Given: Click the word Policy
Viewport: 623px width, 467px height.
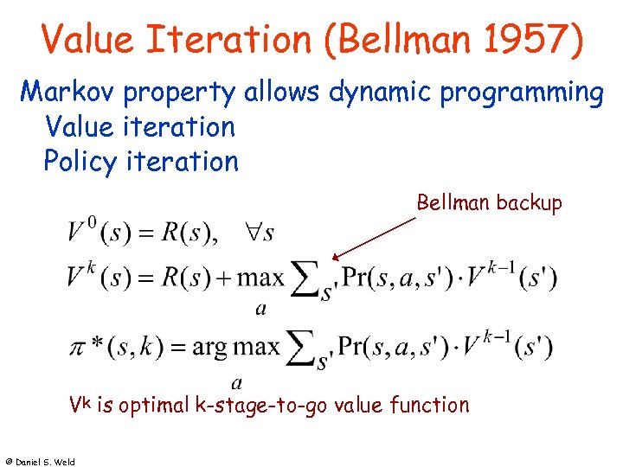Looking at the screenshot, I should [x=81, y=162].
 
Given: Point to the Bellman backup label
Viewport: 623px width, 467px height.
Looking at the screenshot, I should [x=489, y=203].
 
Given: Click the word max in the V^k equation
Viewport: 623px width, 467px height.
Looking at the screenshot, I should [x=260, y=278].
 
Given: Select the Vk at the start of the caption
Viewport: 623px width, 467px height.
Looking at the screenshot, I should [x=80, y=404].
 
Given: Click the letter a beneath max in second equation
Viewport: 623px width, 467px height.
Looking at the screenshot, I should [x=260, y=307].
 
